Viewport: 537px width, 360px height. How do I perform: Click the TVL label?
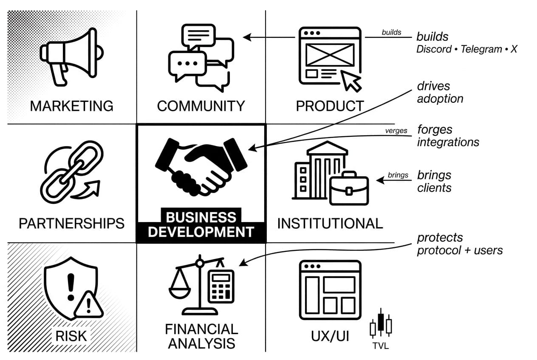pyautogui.click(x=380, y=346)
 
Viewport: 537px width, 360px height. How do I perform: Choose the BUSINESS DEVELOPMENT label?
pyautogui.click(x=201, y=225)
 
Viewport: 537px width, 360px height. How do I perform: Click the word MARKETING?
pyautogui.click(x=71, y=106)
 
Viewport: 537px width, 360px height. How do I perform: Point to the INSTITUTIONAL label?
pyautogui.click(x=330, y=223)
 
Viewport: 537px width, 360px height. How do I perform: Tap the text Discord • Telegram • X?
pyautogui.click(x=466, y=49)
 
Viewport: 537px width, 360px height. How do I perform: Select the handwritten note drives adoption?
pyautogui.click(x=440, y=93)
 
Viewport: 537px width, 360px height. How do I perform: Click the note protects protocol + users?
pyautogui.click(x=459, y=244)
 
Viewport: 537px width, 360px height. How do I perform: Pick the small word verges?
pyautogui.click(x=396, y=131)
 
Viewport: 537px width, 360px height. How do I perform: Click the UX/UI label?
pyautogui.click(x=330, y=336)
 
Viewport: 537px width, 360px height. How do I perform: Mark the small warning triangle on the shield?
pyautogui.click(x=89, y=305)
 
